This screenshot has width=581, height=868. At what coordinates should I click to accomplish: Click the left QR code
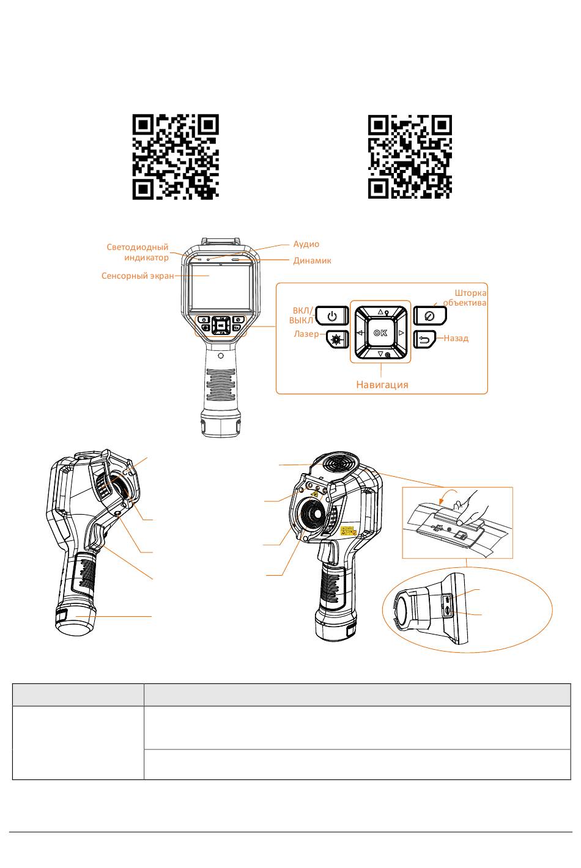click(x=176, y=157)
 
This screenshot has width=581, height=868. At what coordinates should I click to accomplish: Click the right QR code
click(x=410, y=157)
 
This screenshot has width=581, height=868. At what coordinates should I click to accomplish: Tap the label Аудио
click(x=306, y=244)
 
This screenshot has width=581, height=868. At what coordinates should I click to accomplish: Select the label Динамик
click(x=312, y=260)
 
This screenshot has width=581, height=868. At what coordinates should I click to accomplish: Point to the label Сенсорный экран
click(x=138, y=276)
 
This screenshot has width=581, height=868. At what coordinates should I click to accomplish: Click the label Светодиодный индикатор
click(x=138, y=252)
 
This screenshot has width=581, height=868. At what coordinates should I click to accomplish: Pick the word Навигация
click(x=382, y=384)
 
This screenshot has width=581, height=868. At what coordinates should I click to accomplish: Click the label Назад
click(x=456, y=338)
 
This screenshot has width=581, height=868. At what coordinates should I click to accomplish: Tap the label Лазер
click(x=306, y=334)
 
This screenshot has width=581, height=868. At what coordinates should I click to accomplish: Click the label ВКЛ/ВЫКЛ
click(x=301, y=315)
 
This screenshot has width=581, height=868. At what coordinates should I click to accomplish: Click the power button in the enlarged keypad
click(x=332, y=316)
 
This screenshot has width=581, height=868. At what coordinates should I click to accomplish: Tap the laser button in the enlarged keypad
click(x=338, y=340)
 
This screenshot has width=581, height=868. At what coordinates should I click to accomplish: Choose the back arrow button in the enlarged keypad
click(x=425, y=340)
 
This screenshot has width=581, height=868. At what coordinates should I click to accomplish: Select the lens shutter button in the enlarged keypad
click(x=430, y=316)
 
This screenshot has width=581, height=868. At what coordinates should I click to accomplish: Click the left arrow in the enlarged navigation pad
click(x=360, y=333)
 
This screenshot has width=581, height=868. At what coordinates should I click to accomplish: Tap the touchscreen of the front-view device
click(x=220, y=287)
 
